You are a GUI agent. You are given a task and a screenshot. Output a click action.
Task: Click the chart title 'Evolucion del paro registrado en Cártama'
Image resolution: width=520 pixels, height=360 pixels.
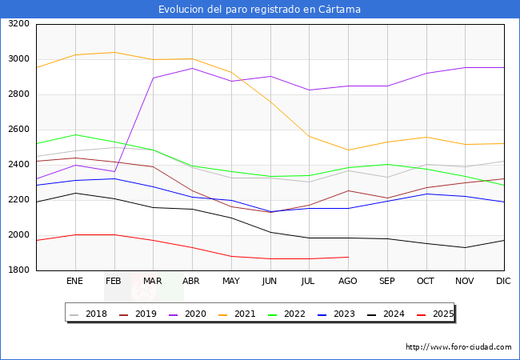[259, 10]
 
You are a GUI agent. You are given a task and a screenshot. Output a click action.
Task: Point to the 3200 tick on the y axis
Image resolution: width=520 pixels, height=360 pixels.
[18, 24]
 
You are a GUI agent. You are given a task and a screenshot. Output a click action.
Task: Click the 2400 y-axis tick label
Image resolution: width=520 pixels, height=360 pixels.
[18, 165]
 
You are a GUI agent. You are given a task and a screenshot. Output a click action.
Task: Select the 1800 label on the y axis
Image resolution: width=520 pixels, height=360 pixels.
[18, 270]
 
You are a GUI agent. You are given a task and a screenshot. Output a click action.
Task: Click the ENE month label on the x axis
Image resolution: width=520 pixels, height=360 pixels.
[74, 282]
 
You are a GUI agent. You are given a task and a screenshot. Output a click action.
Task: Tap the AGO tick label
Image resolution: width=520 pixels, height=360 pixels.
[348, 282]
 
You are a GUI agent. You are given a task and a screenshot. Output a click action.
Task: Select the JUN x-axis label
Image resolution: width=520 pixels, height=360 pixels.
[270, 282]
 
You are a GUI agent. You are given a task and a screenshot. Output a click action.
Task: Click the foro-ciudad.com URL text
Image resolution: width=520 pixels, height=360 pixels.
[458, 347]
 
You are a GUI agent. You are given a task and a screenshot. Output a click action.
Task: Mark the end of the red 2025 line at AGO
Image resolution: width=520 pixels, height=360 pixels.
[348, 257]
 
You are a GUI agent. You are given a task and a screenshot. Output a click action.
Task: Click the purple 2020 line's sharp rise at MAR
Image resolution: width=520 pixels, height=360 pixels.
[153, 78]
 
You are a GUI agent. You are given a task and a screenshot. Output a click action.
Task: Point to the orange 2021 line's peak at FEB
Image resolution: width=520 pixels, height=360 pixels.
[114, 52]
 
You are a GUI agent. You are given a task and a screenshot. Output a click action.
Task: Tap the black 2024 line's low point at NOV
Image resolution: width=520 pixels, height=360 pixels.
[465, 247]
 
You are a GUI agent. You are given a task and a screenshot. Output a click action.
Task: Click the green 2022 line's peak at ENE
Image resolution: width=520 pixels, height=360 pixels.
[74, 134]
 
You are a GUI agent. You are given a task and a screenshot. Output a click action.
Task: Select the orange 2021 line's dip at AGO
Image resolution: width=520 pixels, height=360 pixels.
[348, 150]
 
